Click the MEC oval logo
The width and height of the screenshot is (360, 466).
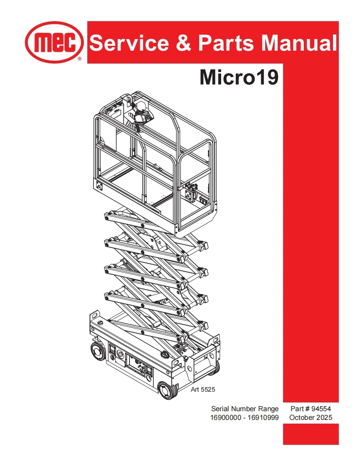54,42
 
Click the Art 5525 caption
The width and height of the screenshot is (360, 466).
203,390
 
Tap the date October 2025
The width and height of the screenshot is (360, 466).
311,417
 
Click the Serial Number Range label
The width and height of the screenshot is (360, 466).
245,409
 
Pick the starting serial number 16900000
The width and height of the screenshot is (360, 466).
227,417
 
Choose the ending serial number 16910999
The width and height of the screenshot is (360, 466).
263,417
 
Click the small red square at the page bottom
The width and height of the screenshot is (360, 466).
311,434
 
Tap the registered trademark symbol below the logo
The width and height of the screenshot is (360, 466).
79,59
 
